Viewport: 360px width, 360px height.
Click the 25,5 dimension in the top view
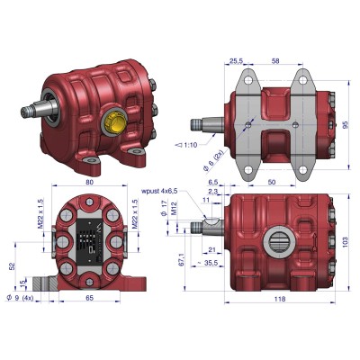[235, 62]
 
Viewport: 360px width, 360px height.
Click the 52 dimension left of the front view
[10, 266]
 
